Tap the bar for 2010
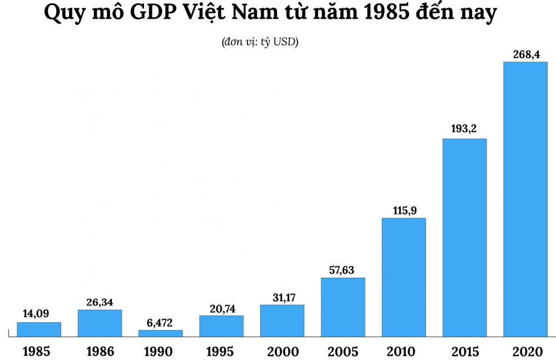click(404, 277)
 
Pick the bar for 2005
click(343, 307)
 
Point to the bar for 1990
click(161, 333)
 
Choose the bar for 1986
click(100, 323)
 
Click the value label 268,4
click(525, 54)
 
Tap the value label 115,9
click(404, 210)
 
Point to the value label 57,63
click(343, 270)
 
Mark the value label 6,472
click(161, 322)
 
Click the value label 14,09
click(39, 314)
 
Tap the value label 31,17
click(282, 297)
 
